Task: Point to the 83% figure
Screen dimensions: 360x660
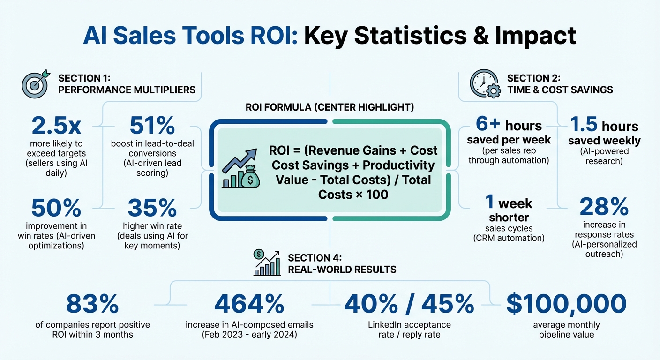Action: click(92, 305)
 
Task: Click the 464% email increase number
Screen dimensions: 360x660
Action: click(249, 305)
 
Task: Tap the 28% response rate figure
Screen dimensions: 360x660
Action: click(604, 207)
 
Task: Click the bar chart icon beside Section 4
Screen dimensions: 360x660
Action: click(267, 263)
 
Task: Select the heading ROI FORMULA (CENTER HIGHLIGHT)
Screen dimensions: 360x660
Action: click(330, 107)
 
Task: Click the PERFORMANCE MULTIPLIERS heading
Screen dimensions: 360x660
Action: click(127, 89)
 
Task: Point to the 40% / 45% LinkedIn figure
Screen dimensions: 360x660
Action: click(409, 305)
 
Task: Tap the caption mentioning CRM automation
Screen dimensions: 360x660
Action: click(515, 238)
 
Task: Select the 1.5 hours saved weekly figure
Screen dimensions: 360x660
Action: click(604, 126)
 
